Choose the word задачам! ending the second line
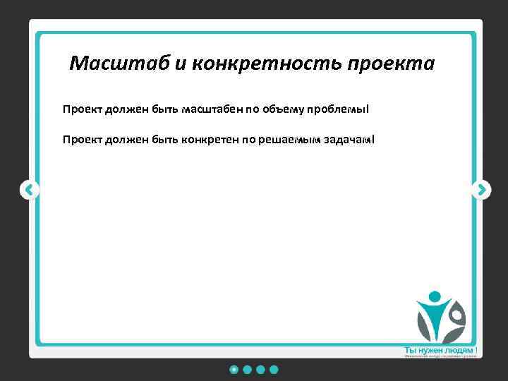click(x=349, y=139)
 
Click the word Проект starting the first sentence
click(x=83, y=110)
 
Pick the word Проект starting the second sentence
click(x=83, y=139)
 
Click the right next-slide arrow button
click(x=480, y=189)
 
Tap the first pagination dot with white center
click(x=234, y=369)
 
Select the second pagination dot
click(x=247, y=369)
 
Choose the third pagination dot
click(x=260, y=369)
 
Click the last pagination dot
click(x=274, y=369)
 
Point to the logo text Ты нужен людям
click(x=438, y=350)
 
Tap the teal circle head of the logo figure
click(x=435, y=296)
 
